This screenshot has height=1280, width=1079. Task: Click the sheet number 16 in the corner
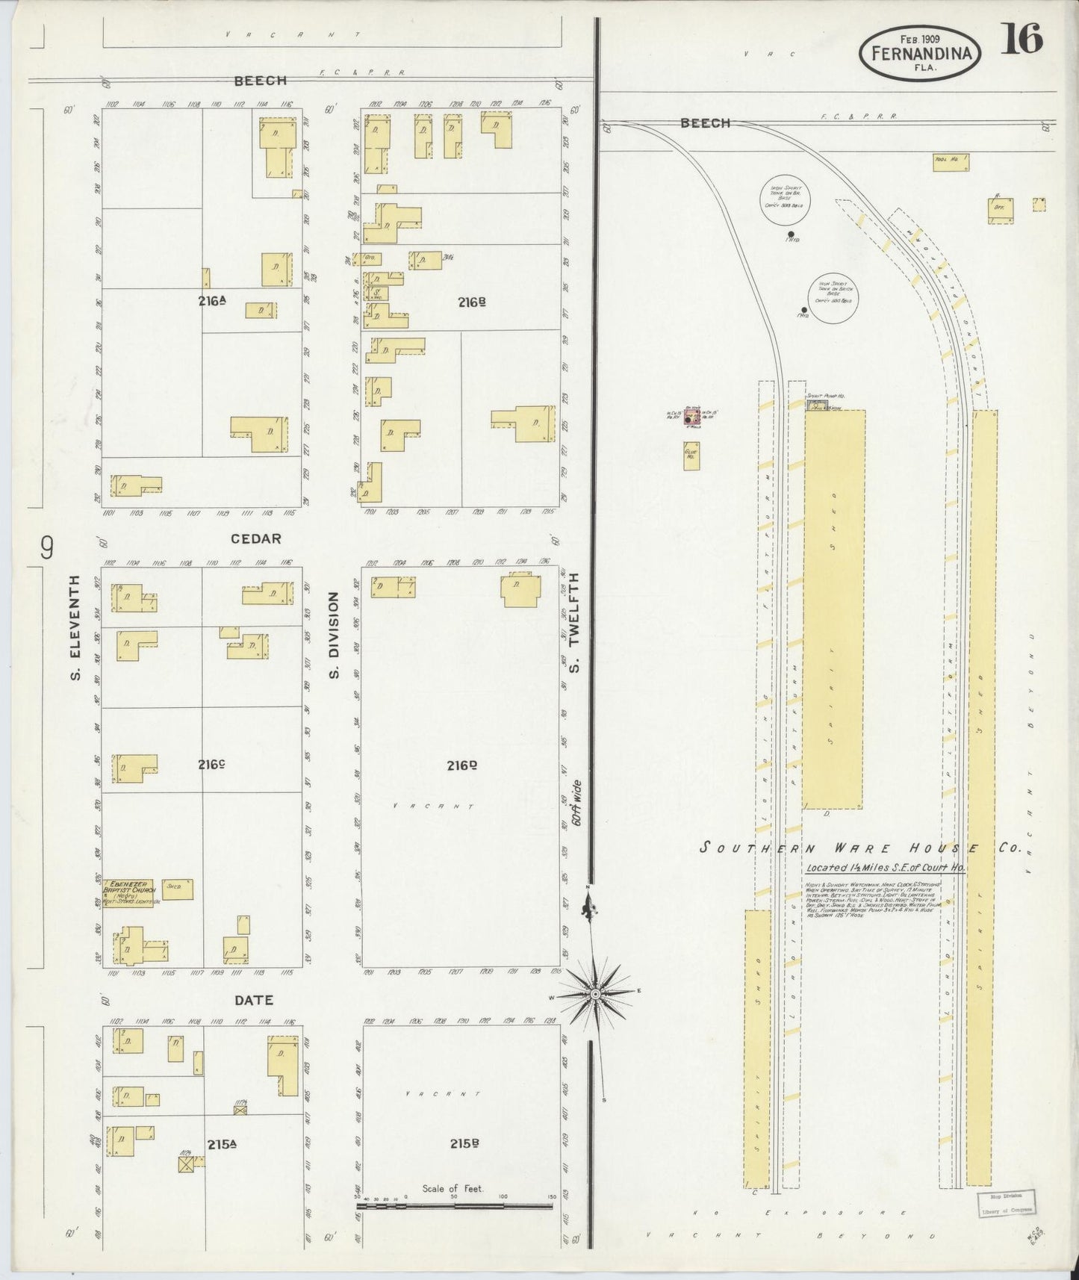pyautogui.click(x=1022, y=39)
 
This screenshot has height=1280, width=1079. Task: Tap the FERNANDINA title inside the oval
pyautogui.click(x=919, y=53)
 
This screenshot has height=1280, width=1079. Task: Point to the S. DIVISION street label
pyautogui.click(x=334, y=636)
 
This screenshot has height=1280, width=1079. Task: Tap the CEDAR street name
pyautogui.click(x=255, y=538)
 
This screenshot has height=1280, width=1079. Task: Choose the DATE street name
pyautogui.click(x=254, y=1000)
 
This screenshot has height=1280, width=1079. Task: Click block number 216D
pyautogui.click(x=462, y=765)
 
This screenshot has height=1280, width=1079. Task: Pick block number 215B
pyautogui.click(x=463, y=1143)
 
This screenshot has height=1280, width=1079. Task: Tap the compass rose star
pyautogui.click(x=595, y=994)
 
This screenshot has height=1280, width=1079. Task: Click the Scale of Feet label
pyautogui.click(x=453, y=1188)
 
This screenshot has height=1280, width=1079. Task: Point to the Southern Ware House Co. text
pyautogui.click(x=862, y=848)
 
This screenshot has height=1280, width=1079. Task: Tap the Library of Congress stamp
pyautogui.click(x=1006, y=1203)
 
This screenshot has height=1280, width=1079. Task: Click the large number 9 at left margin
pyautogui.click(x=47, y=549)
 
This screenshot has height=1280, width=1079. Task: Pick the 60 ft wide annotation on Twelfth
pyautogui.click(x=576, y=803)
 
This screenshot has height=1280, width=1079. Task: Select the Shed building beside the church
pyautogui.click(x=178, y=889)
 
